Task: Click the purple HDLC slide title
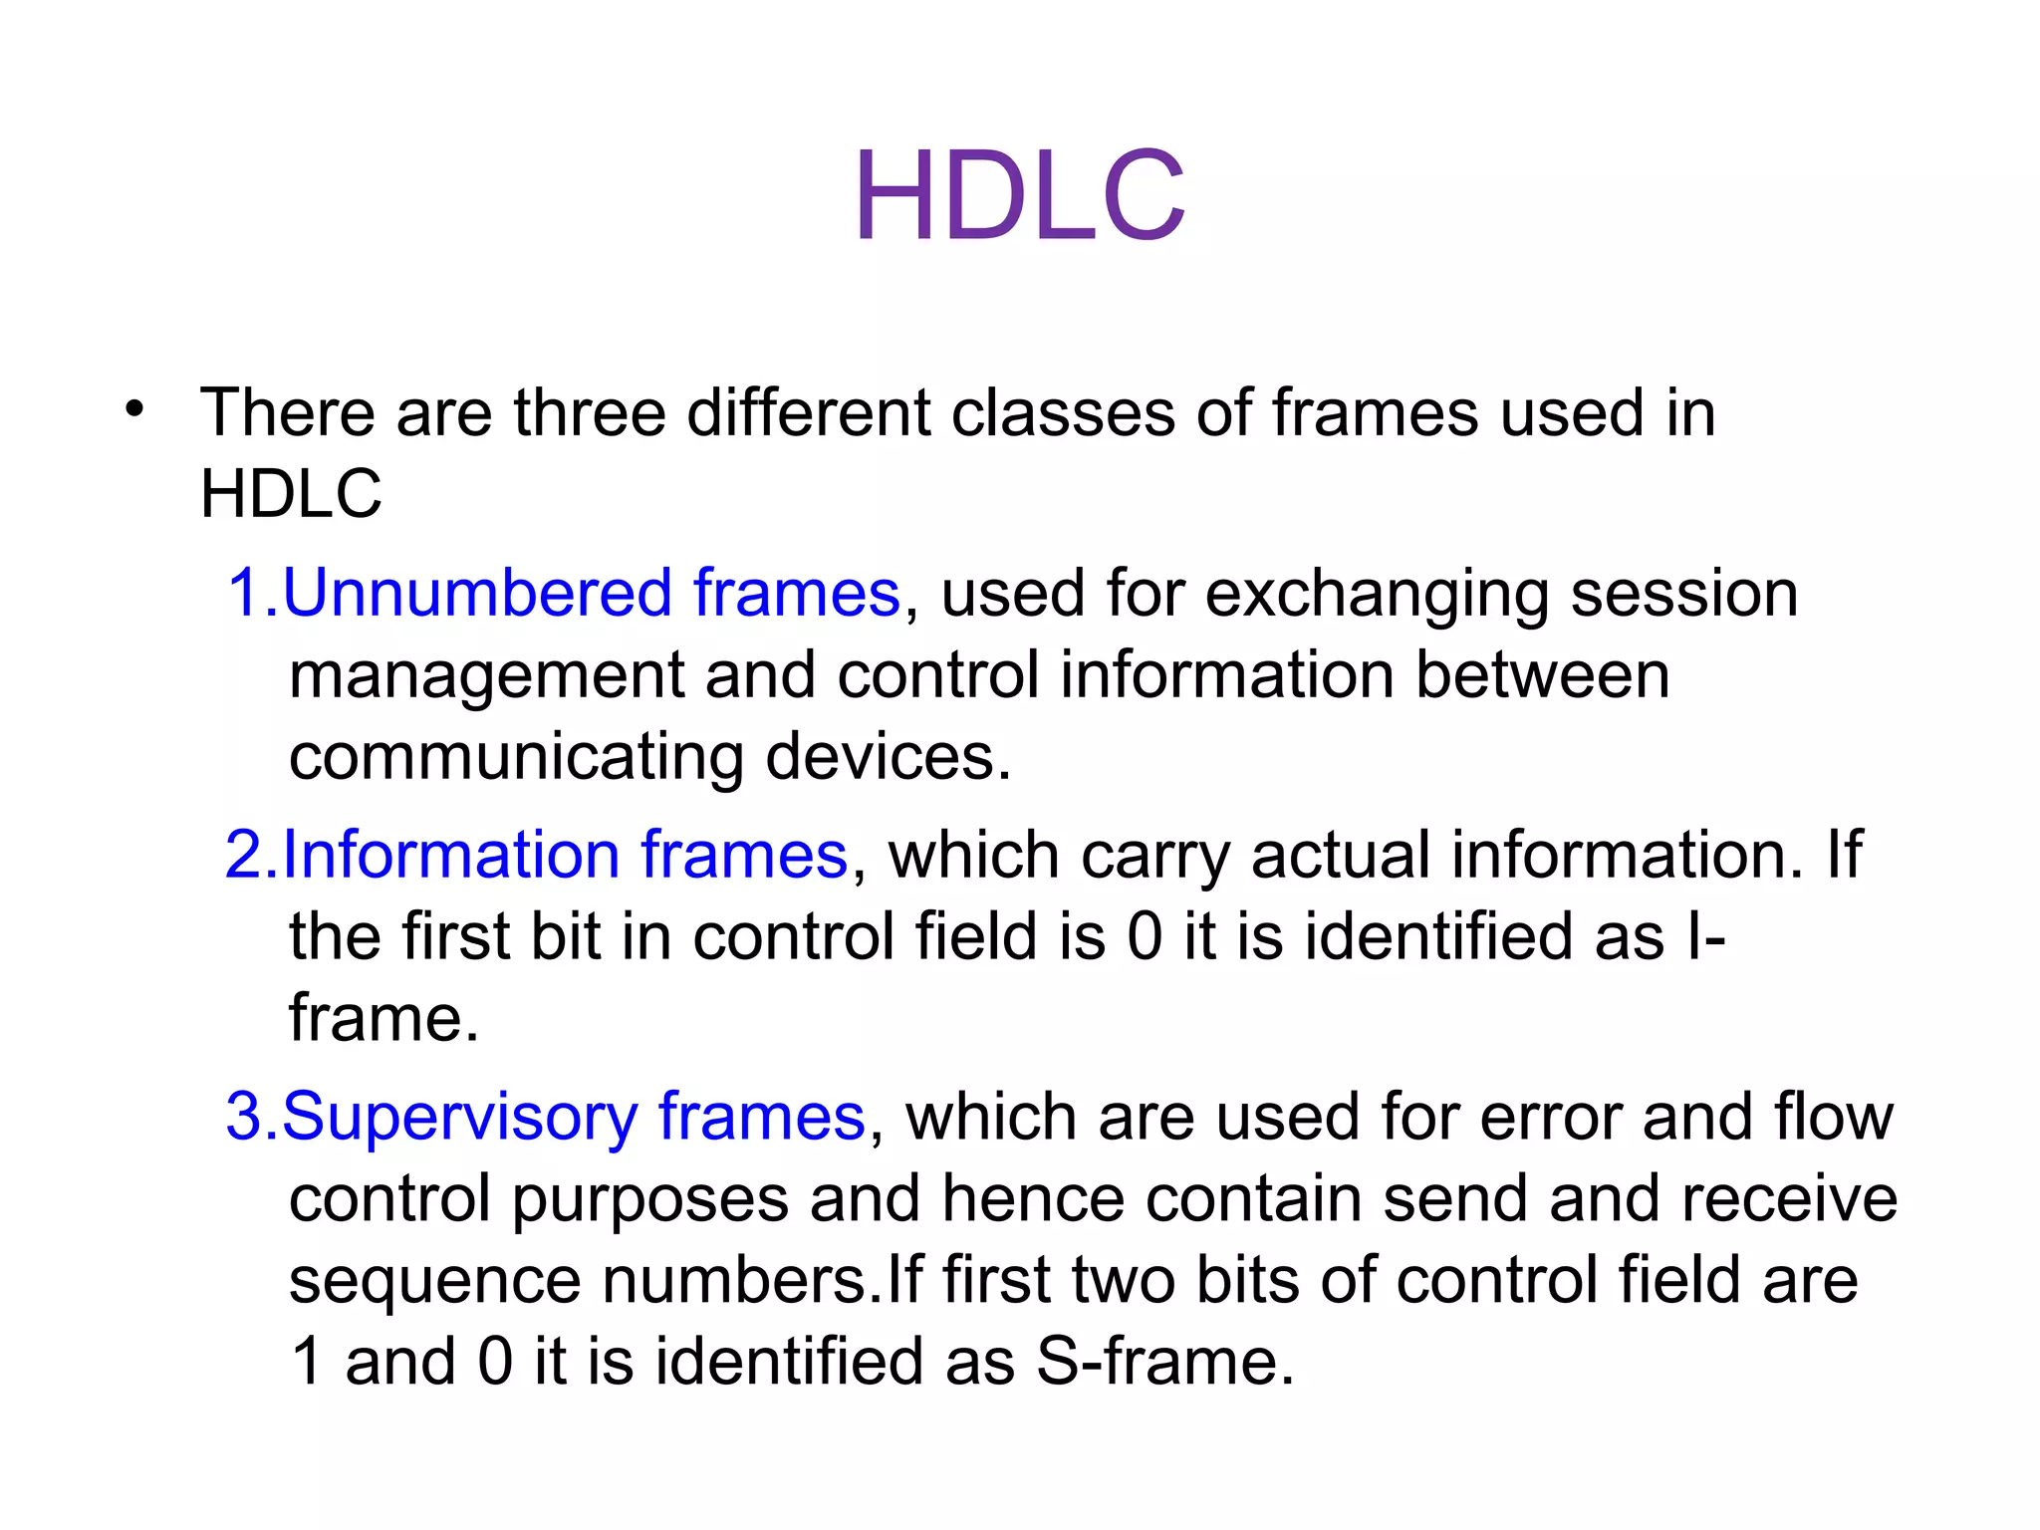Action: click(x=1019, y=195)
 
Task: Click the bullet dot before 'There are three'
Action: click(x=135, y=409)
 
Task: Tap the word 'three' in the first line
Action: click(x=589, y=412)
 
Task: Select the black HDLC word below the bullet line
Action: click(x=291, y=494)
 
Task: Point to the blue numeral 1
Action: click(x=243, y=594)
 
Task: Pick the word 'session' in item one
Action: click(x=1684, y=594)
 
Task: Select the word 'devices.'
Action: click(x=888, y=757)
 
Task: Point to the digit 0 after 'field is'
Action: click(x=1145, y=938)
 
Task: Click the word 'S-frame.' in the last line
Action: click(x=1164, y=1363)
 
